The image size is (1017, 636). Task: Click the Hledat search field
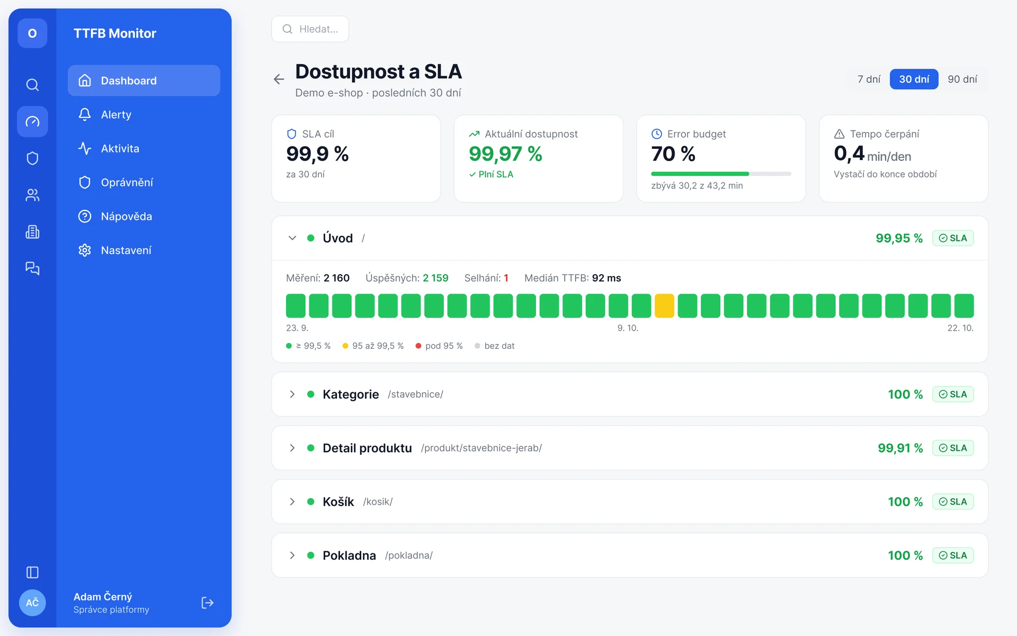coord(310,29)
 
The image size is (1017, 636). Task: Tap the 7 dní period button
coord(869,79)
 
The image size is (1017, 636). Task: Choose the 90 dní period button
coord(962,79)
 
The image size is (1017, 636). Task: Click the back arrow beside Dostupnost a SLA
coord(279,79)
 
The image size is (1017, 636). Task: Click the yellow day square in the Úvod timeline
coord(664,306)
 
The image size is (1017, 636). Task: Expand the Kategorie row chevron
coord(292,394)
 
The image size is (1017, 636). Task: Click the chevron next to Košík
coord(292,501)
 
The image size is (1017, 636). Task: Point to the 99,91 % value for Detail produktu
coord(900,448)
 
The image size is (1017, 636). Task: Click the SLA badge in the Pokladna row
coord(952,555)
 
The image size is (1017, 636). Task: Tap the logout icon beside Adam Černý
coord(208,603)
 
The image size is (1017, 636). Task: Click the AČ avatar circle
coord(32,603)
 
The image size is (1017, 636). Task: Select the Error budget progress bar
coord(721,174)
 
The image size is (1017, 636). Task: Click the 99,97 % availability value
coord(505,154)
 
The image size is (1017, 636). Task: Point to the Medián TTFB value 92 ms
coord(606,278)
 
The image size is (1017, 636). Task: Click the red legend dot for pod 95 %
coord(418,346)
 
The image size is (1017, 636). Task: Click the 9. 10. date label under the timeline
coord(628,328)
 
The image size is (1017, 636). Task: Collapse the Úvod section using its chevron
coord(292,238)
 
